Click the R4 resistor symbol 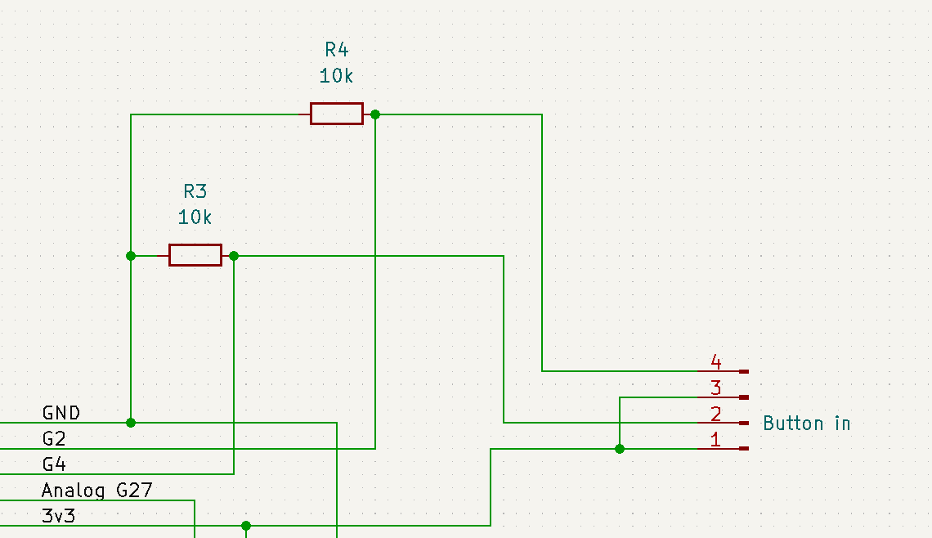point(336,114)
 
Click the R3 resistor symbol point(195,255)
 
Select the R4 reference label point(336,49)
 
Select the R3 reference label point(195,191)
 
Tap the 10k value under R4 point(336,76)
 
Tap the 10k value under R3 point(195,217)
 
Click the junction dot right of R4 point(375,114)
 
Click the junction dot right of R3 point(234,256)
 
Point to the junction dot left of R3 point(131,256)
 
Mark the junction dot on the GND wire point(131,423)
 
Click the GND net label point(61,413)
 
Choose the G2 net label point(54,439)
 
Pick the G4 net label point(54,464)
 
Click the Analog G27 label point(96,491)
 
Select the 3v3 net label point(58,516)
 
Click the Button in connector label point(806,423)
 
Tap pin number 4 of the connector point(716,361)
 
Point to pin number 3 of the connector point(716,388)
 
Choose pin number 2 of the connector point(716,414)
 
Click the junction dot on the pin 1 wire point(620,449)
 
